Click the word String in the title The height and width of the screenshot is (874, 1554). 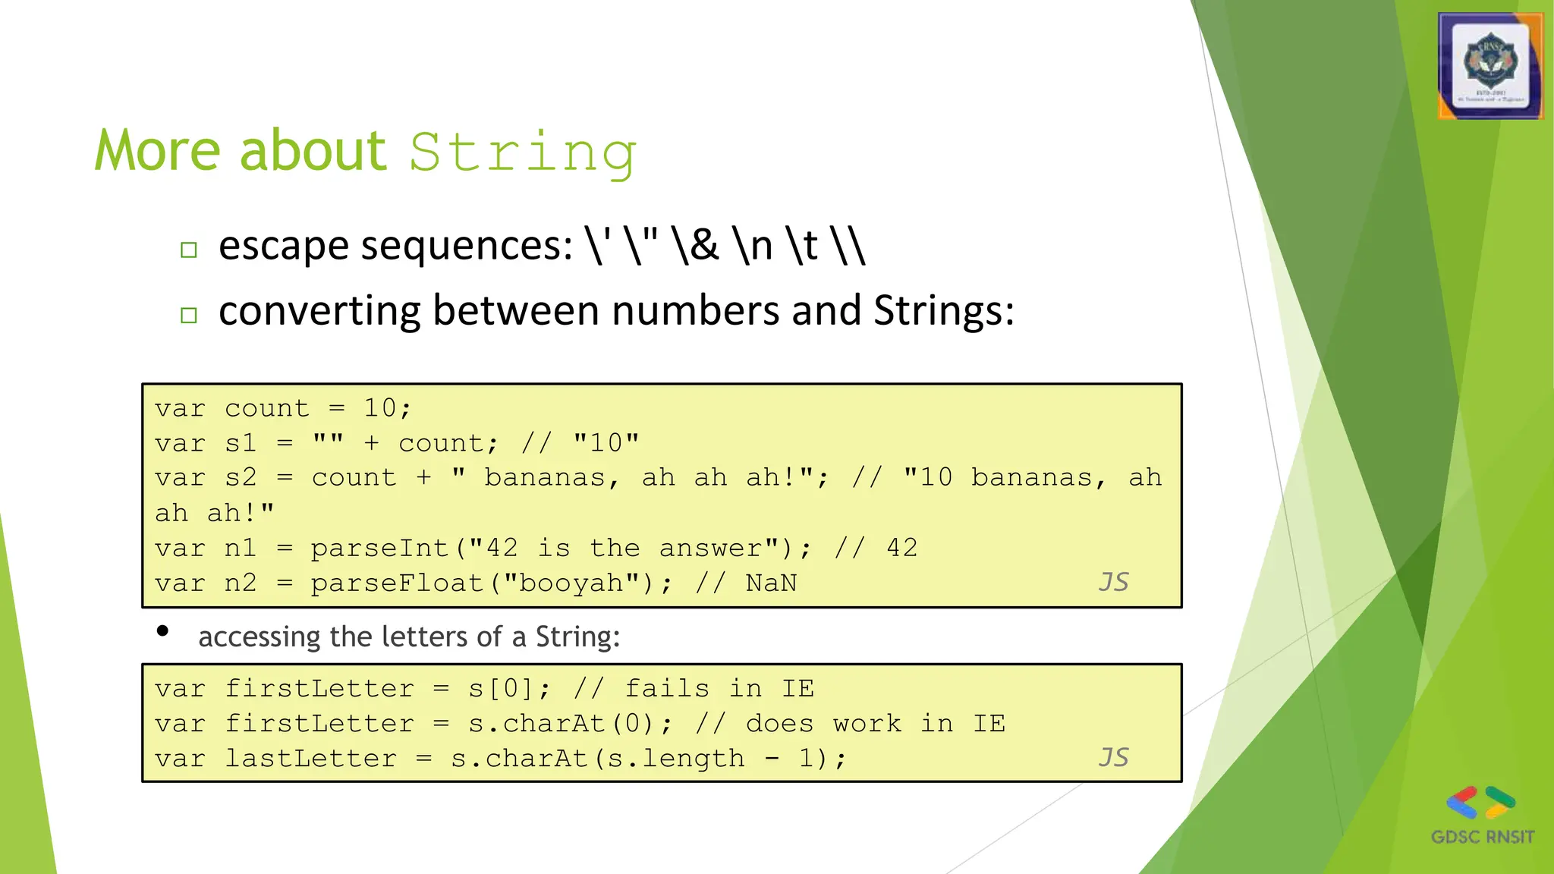522,153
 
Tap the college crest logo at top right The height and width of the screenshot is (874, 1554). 1490,66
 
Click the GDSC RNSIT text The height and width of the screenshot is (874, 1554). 1482,837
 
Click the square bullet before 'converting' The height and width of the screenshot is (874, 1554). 189,316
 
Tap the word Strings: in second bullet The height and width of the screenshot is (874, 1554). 943,311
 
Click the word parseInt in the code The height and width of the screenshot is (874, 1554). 379,548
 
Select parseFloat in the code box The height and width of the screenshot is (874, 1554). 397,583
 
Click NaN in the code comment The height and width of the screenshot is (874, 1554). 771,583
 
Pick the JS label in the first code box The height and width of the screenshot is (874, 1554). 1113,582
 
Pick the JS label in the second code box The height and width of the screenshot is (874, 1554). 1113,757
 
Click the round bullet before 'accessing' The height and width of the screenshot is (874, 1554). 162,631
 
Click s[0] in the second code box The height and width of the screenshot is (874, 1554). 502,688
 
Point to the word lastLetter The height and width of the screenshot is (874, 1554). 310,758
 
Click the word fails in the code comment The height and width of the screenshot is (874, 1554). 667,688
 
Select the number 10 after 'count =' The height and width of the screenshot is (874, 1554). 380,408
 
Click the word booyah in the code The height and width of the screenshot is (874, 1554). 571,583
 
